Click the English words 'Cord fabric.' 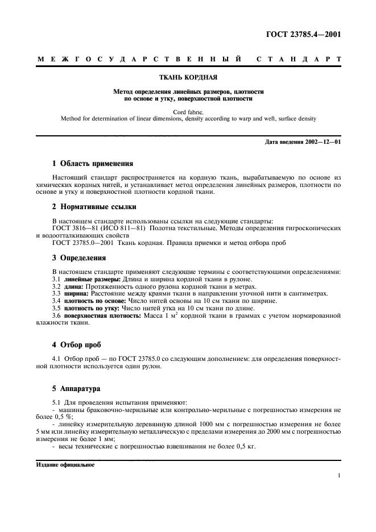point(188,112)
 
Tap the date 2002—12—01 point(320,141)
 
